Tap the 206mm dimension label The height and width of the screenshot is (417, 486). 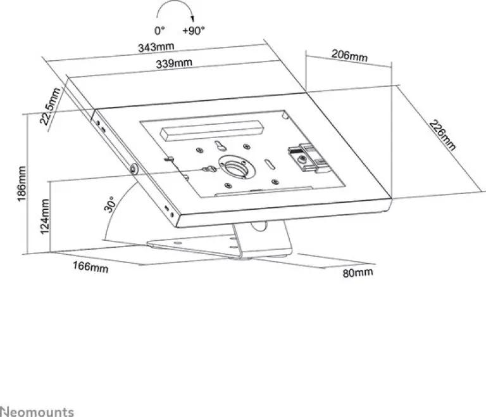coord(349,56)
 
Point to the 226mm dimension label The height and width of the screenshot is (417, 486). coord(442,135)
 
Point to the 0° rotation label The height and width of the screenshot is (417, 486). coord(158,30)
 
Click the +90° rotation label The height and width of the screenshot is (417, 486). coord(193,30)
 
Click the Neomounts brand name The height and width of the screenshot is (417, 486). coord(37,411)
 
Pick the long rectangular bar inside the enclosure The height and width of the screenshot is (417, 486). coord(212,130)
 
